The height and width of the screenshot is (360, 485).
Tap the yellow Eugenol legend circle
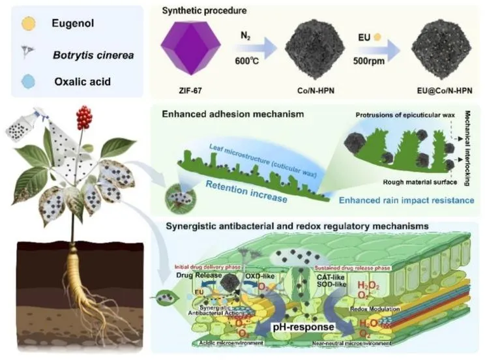point(25,23)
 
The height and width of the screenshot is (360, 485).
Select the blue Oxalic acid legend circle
point(25,83)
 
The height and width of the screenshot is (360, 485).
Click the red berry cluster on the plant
point(83,117)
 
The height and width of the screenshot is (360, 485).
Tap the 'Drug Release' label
point(194,276)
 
